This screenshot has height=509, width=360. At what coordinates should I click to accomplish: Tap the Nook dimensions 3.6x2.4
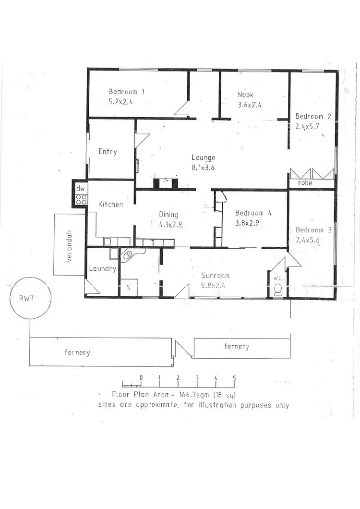pyautogui.click(x=249, y=105)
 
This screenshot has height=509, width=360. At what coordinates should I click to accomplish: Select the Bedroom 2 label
pyautogui.click(x=313, y=116)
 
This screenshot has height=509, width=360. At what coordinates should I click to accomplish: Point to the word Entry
pyautogui.click(x=108, y=152)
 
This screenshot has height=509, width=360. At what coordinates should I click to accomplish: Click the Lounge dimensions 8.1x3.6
pyautogui.click(x=203, y=168)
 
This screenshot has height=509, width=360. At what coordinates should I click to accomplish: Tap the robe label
pyautogui.click(x=305, y=183)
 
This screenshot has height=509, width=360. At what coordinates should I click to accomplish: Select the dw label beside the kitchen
pyautogui.click(x=80, y=189)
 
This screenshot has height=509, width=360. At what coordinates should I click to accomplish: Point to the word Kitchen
pyautogui.click(x=110, y=205)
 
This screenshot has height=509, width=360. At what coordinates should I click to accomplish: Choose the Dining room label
pyautogui.click(x=168, y=215)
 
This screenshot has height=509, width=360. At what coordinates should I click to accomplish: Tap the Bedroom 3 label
pyautogui.click(x=313, y=230)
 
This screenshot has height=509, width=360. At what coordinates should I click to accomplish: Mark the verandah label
pyautogui.click(x=69, y=245)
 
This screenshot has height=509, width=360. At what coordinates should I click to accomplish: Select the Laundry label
pyautogui.click(x=102, y=269)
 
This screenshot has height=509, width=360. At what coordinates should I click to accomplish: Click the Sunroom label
pyautogui.click(x=215, y=276)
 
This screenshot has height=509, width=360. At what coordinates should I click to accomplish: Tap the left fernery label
pyautogui.click(x=77, y=353)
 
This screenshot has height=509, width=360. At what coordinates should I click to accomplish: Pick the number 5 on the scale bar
pyautogui.click(x=234, y=378)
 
